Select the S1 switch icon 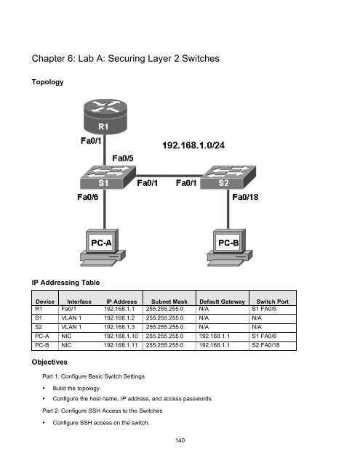(99, 178)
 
